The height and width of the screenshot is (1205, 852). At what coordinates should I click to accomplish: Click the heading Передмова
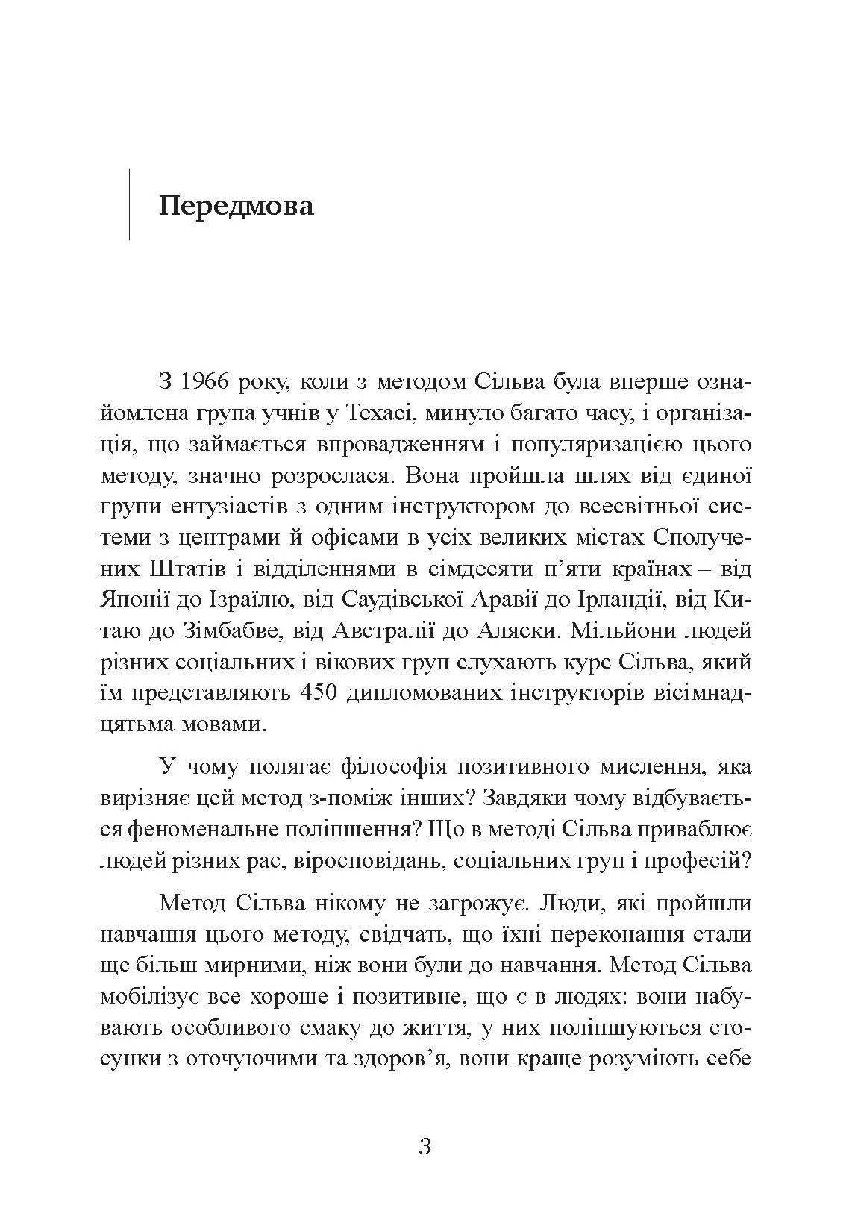(237, 205)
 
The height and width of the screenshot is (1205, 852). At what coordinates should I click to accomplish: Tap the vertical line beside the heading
(130, 204)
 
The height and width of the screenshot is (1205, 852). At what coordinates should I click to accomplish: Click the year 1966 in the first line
(207, 382)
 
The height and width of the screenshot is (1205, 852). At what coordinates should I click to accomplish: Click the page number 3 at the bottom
(425, 1145)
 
